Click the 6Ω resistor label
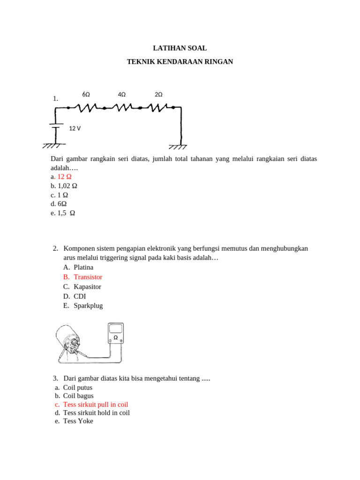pos(86,94)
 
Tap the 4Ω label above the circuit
pos(122,94)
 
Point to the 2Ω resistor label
pos(158,94)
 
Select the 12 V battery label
pos(75,128)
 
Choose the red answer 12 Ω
pos(64,177)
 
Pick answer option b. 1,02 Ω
pos(64,186)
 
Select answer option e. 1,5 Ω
pos(63,213)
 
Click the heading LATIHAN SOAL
pos(180,48)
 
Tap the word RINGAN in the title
pos(218,61)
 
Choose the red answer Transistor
pos(88,277)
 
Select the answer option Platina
pos(83,267)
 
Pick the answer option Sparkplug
pos(88,306)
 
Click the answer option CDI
pos(80,296)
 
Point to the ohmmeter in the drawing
pos(116,333)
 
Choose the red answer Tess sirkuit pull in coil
pos(96,404)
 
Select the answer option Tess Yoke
pos(78,421)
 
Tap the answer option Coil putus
pos(78,387)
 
